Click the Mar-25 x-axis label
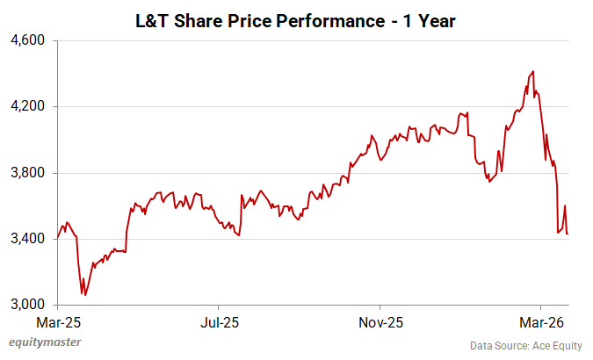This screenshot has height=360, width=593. pos(57,320)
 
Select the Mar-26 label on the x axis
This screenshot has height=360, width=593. pos(540,320)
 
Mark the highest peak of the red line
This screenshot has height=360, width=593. pos(533,71)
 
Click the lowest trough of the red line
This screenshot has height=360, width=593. pos(83,295)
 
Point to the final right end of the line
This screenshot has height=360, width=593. pos(568,234)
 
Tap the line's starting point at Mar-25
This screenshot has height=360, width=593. pos(57,238)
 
